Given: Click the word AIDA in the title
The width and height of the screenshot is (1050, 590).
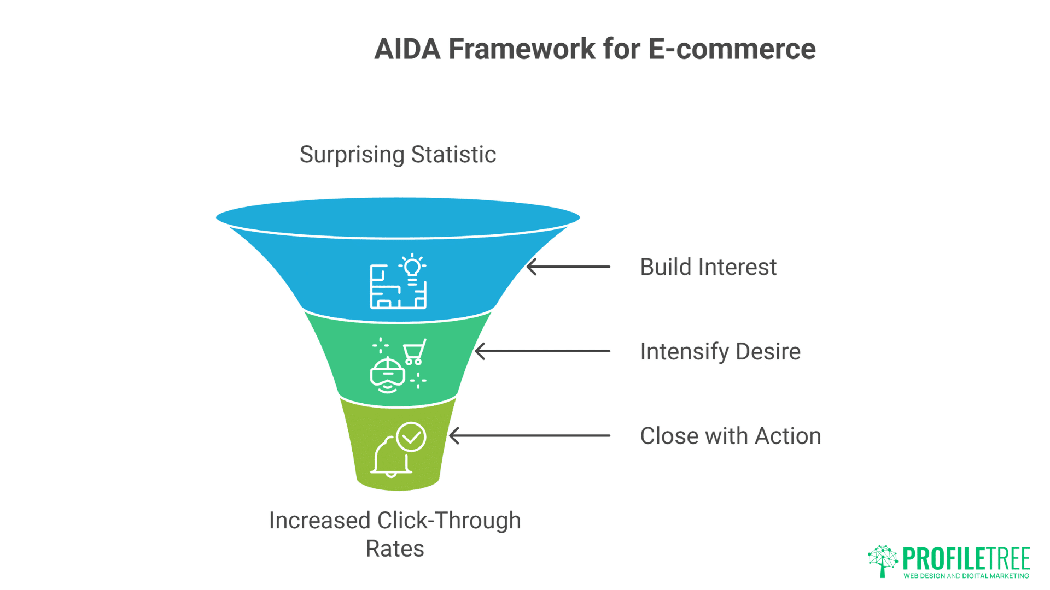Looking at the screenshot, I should pyautogui.click(x=407, y=49).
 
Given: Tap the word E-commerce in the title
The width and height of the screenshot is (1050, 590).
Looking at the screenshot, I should pyautogui.click(x=732, y=49).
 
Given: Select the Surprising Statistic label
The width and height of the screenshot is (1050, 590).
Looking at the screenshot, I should pyautogui.click(x=398, y=155).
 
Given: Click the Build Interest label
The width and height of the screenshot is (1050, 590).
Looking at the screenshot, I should pyautogui.click(x=708, y=267).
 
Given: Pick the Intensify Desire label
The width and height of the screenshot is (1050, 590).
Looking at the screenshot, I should pyautogui.click(x=720, y=352).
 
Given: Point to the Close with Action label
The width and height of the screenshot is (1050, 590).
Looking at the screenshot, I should pyautogui.click(x=730, y=436).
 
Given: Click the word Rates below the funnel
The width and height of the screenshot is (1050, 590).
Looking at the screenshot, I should pyautogui.click(x=395, y=548).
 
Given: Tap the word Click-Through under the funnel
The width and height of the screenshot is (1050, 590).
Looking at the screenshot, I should pyautogui.click(x=449, y=520).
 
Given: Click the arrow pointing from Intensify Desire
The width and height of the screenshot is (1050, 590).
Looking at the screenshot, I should pyautogui.click(x=542, y=351).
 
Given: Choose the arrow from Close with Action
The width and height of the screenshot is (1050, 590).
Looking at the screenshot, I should pyautogui.click(x=529, y=436).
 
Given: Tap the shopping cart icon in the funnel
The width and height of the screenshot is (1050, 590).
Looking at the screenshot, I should pyautogui.click(x=415, y=352).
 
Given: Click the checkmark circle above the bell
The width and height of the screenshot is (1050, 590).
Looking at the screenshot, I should pyautogui.click(x=411, y=437).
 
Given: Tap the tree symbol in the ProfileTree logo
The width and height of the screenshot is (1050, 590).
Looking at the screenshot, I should pyautogui.click(x=883, y=560).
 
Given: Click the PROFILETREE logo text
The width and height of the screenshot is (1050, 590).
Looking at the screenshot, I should pyautogui.click(x=966, y=558).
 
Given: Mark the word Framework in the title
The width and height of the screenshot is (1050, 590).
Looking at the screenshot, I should pyautogui.click(x=522, y=49).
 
